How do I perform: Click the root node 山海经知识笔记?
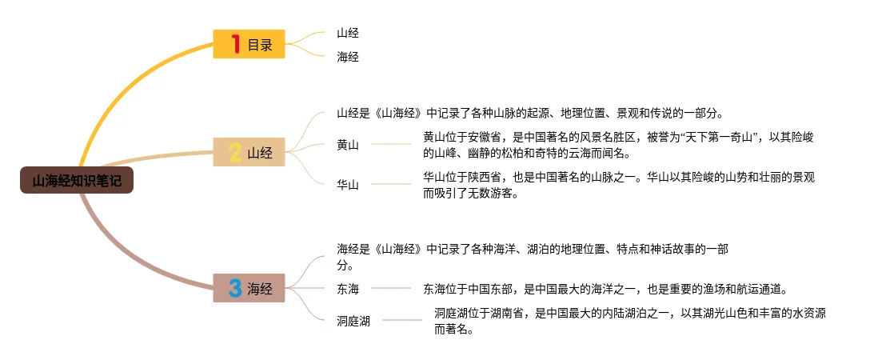coord(77,182)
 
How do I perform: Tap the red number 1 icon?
coord(235,45)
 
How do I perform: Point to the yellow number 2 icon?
coord(235,153)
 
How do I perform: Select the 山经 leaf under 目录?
coord(348,33)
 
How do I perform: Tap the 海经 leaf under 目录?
coord(348,57)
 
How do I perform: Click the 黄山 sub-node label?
coord(348,145)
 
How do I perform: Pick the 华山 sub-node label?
coord(348,185)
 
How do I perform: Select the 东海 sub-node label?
coord(348,289)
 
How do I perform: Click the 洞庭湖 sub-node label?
coord(353,321)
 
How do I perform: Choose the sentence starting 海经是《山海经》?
coord(531,257)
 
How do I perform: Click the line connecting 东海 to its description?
coord(392,288)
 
